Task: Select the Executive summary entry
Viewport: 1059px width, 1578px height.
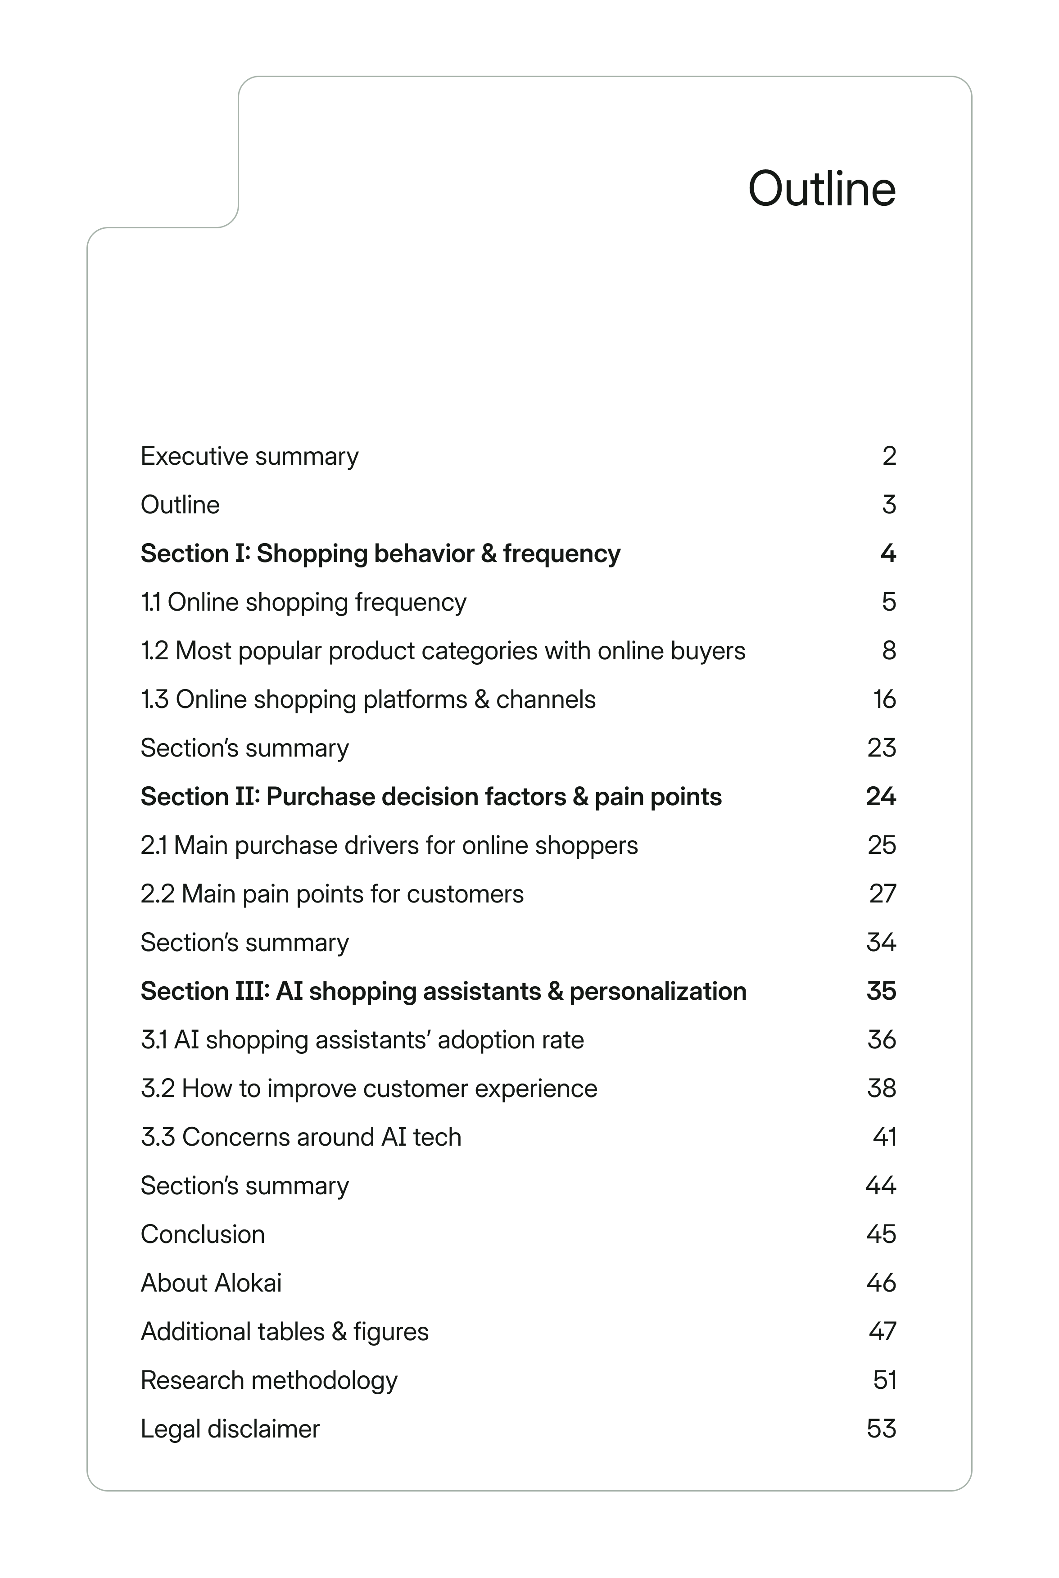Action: click(249, 457)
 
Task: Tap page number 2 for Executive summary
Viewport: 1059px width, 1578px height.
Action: click(889, 457)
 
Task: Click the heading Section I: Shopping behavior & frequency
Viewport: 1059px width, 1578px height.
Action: click(380, 554)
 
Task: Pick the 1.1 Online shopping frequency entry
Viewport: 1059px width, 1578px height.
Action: click(303, 603)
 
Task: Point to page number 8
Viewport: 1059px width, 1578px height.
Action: click(889, 651)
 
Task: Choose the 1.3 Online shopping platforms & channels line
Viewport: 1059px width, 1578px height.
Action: click(368, 700)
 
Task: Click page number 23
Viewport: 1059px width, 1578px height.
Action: click(882, 748)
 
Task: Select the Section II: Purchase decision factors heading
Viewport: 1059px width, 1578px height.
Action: click(431, 797)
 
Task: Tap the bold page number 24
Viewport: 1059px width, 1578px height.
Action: click(881, 797)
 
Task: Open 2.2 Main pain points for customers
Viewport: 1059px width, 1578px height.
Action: click(331, 894)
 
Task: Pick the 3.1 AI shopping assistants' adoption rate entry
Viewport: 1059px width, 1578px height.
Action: click(362, 1040)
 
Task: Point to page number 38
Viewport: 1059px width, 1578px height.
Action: click(882, 1089)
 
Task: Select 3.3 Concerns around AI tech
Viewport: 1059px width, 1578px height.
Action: click(301, 1138)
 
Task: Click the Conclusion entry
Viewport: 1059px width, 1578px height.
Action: click(203, 1235)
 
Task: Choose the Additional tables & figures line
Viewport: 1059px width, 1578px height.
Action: click(285, 1332)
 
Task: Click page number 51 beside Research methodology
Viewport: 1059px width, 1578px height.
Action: click(884, 1381)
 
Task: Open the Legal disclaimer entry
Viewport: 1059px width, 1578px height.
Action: click(230, 1429)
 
